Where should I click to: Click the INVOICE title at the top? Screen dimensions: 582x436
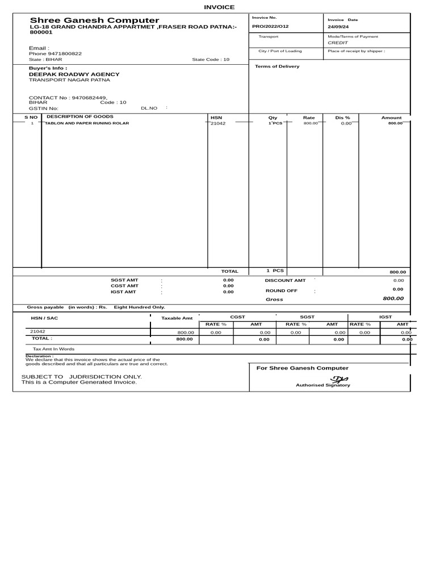pos(219,7)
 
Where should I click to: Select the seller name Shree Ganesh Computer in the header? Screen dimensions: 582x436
pos(94,20)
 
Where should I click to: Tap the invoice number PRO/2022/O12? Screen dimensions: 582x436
pos(270,27)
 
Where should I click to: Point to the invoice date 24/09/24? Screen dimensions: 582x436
pos(338,27)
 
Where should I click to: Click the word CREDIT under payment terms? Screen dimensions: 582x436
pos(338,43)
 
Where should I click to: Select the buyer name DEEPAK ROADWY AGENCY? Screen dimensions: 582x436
pos(74,74)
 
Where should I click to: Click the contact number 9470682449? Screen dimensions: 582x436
pos(89,97)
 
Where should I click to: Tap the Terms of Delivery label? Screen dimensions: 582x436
pos(277,66)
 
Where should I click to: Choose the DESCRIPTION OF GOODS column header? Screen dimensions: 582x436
pos(76,117)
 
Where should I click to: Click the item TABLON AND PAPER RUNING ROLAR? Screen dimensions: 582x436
pos(87,123)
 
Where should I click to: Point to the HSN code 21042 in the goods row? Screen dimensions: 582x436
pos(218,123)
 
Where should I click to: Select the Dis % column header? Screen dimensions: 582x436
pos(343,118)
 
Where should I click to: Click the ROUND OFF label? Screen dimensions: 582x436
pos(281,290)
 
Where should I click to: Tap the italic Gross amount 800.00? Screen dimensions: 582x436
pos(393,298)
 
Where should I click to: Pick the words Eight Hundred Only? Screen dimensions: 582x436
pos(139,307)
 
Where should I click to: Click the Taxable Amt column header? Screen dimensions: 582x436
pos(177,318)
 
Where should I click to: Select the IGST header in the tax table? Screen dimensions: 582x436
pos(385,317)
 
